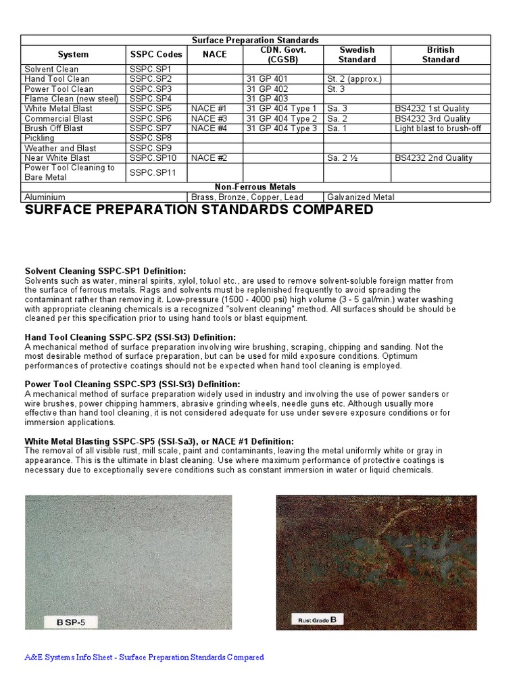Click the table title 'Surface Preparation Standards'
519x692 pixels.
pos(255,41)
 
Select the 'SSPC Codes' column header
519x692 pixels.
pos(155,55)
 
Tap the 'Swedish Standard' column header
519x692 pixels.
pos(356,55)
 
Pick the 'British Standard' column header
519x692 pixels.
pos(441,55)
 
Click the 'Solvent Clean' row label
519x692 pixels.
pos(51,69)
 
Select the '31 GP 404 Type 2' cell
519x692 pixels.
pos(281,119)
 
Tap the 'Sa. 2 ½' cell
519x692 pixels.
pos(343,158)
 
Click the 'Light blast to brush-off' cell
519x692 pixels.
pos(438,128)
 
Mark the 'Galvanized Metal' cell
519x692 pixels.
pos(361,197)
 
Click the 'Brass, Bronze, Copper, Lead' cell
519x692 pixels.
pos(247,197)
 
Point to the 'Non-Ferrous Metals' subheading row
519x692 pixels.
pos(255,187)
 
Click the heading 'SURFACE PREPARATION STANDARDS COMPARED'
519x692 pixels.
pos(199,210)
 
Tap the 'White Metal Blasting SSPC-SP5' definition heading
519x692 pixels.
pos(159,441)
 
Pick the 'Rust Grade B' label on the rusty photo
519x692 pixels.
pos(314,619)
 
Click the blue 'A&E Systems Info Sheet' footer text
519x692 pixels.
pos(144,658)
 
